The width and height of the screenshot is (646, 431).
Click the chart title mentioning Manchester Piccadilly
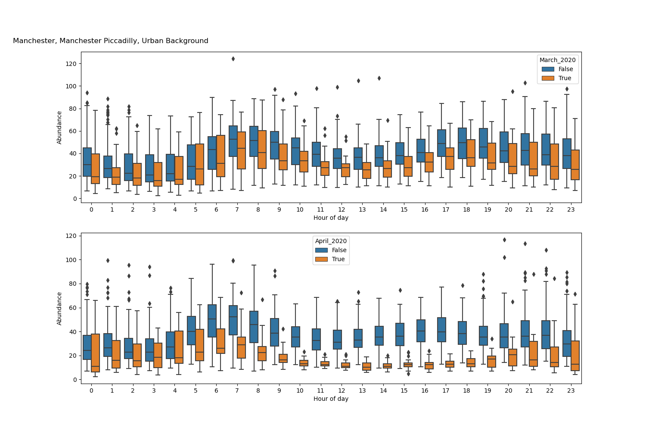pyautogui.click(x=111, y=41)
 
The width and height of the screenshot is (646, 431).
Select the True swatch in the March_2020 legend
pyautogui.click(x=548, y=78)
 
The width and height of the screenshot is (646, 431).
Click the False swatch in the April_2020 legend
pyautogui.click(x=321, y=250)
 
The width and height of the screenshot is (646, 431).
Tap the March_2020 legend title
pyautogui.click(x=558, y=60)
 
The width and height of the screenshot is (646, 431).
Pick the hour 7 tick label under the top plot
pyautogui.click(x=237, y=209)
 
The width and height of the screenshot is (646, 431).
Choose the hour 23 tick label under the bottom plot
pyautogui.click(x=571, y=390)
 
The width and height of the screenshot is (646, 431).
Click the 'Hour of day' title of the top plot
pyautogui.click(x=331, y=218)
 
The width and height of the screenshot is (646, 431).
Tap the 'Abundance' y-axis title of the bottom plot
pyautogui.click(x=59, y=308)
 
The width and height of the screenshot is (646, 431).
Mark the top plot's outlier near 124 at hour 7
pyautogui.click(x=233, y=59)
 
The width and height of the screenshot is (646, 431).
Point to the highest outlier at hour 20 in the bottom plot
pyautogui.click(x=504, y=240)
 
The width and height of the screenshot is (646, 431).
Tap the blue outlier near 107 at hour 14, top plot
pyautogui.click(x=379, y=78)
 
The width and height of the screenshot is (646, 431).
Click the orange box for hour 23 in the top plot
pyautogui.click(x=575, y=165)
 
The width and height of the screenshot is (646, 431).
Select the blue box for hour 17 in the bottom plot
pyautogui.click(x=441, y=330)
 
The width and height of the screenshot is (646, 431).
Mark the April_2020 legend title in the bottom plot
pyautogui.click(x=331, y=241)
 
